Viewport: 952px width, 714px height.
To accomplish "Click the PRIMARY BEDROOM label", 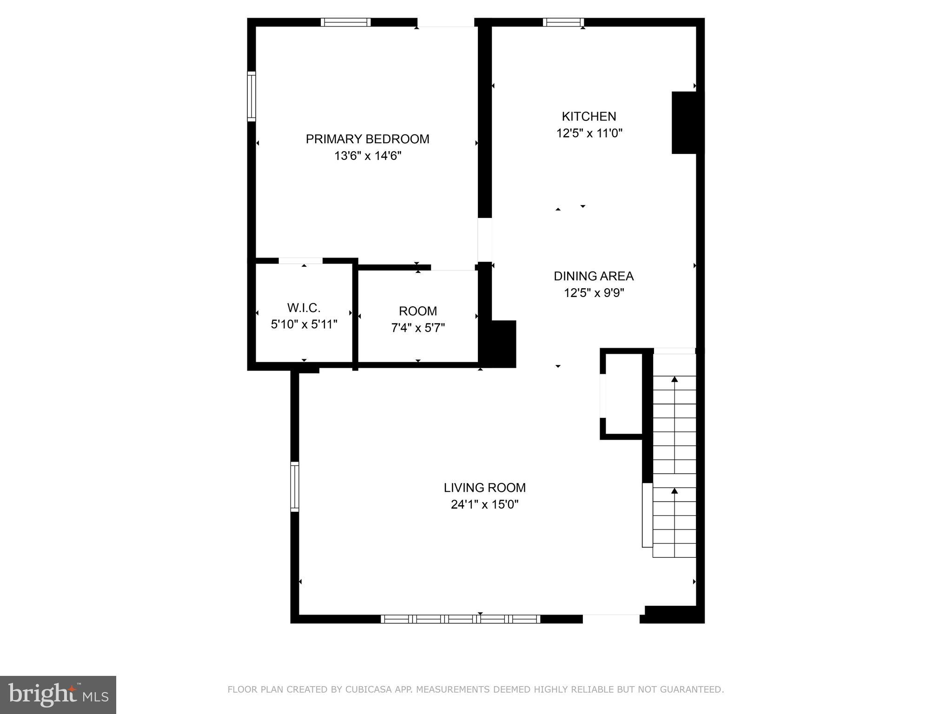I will [367, 139].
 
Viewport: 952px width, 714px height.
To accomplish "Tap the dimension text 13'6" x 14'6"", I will [367, 156].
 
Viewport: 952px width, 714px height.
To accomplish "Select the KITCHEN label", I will [588, 116].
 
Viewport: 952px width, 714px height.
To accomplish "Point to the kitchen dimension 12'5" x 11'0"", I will [589, 133].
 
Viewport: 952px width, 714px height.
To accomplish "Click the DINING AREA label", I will [593, 276].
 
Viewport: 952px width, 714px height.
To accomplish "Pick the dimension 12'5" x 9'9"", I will [594, 293].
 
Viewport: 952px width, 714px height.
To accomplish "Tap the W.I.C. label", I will [304, 308].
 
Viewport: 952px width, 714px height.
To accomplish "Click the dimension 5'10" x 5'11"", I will [304, 324].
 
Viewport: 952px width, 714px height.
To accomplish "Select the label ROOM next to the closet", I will [417, 311].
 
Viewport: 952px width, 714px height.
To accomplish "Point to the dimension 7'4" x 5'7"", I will [417, 328].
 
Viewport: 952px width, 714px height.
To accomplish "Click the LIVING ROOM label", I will [484, 488].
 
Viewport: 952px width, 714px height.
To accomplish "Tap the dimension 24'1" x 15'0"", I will [484, 504].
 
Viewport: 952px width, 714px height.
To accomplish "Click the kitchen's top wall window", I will [563, 22].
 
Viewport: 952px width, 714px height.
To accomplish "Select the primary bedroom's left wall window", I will [251, 97].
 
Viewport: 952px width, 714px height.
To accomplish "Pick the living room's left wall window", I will [295, 486].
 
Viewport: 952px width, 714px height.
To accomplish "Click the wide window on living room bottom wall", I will [460, 619].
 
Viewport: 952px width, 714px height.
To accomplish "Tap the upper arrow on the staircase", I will [674, 380].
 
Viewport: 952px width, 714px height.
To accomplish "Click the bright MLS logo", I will [58, 694].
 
